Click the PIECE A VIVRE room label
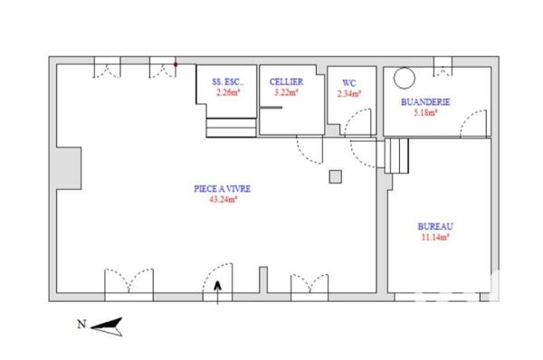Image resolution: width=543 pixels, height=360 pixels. pyautogui.click(x=222, y=189)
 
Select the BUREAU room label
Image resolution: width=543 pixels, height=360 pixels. pyautogui.click(x=435, y=226)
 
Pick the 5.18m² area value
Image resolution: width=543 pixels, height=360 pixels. pyautogui.click(x=425, y=113)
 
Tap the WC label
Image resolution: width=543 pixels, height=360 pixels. pyautogui.click(x=348, y=82)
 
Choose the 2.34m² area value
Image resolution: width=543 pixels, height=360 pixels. pyautogui.click(x=348, y=92)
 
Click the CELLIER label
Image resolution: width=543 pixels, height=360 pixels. pyautogui.click(x=286, y=82)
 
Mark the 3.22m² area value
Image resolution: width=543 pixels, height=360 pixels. pyautogui.click(x=286, y=92)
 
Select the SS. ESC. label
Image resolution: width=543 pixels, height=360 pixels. pyautogui.click(x=227, y=82)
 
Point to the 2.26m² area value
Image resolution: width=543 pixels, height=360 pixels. pyautogui.click(x=227, y=92)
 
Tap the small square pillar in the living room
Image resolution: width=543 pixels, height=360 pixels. pyautogui.click(x=335, y=175)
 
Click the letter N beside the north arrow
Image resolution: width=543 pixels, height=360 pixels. pyautogui.click(x=81, y=324)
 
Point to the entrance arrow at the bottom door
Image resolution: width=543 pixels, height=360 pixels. pyautogui.click(x=217, y=288)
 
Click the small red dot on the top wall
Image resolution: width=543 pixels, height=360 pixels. pyautogui.click(x=176, y=65)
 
